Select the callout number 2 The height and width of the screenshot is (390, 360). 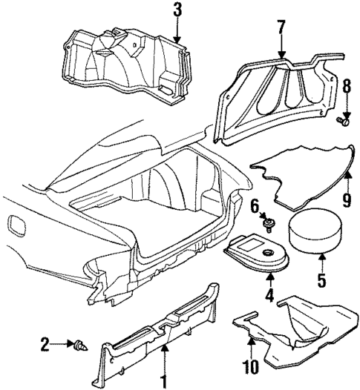45,343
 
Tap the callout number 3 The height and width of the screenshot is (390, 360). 176,10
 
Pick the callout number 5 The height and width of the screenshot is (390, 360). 322,282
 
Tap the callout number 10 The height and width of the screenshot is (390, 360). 249,366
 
